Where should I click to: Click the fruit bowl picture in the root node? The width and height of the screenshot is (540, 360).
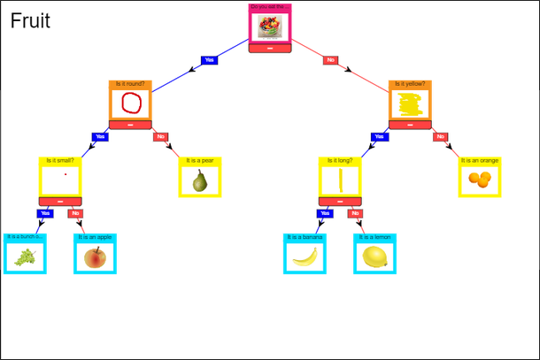(x=270, y=27)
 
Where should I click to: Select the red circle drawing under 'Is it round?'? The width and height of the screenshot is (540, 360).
(x=131, y=103)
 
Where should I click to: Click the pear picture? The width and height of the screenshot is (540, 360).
(x=200, y=180)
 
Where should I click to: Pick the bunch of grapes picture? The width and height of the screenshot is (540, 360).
(x=26, y=257)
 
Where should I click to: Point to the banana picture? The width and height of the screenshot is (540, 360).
(x=305, y=257)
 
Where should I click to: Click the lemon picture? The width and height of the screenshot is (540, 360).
(x=374, y=257)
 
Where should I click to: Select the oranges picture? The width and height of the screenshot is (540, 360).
(x=480, y=180)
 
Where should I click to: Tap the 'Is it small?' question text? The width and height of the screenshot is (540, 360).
(x=60, y=161)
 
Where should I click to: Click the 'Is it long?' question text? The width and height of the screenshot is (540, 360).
(x=341, y=161)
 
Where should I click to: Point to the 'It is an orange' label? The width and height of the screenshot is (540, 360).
(x=480, y=161)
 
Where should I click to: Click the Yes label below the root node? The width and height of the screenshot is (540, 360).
(x=210, y=60)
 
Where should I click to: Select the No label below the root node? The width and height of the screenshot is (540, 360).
(x=331, y=60)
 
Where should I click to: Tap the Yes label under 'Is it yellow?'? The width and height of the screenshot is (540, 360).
(x=380, y=137)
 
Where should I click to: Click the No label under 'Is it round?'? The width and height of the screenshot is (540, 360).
(x=160, y=137)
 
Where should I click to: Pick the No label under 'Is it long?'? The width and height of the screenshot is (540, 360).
(x=355, y=213)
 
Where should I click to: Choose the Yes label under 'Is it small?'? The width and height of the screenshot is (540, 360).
(x=45, y=213)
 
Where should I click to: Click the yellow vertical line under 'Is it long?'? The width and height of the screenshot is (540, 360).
(x=341, y=180)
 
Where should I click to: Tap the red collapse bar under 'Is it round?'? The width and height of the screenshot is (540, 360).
(x=131, y=125)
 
